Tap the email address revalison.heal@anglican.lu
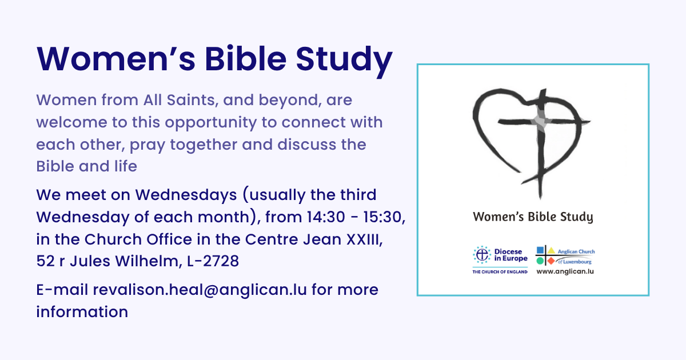tap(200, 290)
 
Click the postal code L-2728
tap(213, 262)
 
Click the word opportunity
tap(211, 123)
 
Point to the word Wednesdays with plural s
tap(186, 195)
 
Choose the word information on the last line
tap(82, 312)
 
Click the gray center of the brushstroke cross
tap(540, 121)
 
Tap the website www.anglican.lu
tap(565, 271)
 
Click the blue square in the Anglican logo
tap(540, 250)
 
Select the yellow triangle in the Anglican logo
tap(551, 251)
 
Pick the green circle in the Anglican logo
tap(540, 261)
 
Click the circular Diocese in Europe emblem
tap(482, 255)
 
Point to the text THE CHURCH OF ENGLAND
tap(500, 272)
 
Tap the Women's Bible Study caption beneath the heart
tap(533, 217)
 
